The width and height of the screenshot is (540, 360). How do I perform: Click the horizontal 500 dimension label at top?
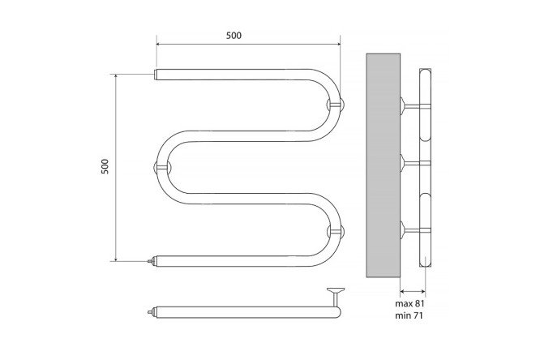234,36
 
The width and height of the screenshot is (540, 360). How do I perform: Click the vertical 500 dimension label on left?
105,166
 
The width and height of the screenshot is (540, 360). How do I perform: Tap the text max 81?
409,303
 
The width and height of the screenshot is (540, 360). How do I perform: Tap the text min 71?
409,315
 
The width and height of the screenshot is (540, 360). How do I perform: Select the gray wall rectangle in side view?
383,165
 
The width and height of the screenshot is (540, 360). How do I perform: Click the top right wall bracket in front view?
336,104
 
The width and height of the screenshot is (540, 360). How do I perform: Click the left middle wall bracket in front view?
161,167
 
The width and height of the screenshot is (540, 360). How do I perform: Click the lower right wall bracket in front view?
336,231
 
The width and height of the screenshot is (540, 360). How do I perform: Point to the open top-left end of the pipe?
156,75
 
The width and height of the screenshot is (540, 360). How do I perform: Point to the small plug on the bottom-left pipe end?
151,261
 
